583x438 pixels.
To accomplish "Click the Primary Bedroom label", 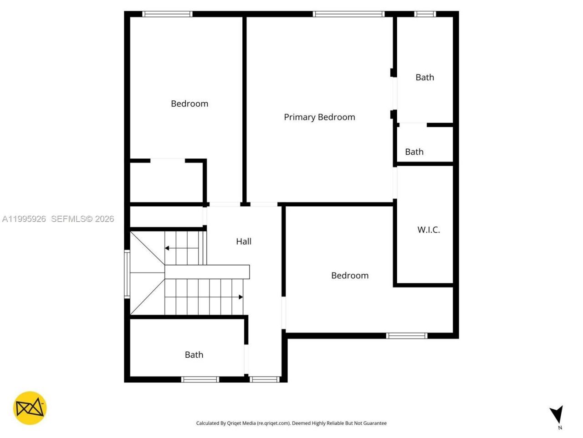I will [319, 117].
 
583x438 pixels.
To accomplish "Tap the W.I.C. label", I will [429, 229].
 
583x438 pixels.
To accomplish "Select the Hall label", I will [244, 241].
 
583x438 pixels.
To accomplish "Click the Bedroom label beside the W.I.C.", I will [350, 276].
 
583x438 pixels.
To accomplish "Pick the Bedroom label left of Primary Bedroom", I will [189, 104].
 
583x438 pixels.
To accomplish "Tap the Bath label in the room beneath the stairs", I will [194, 355].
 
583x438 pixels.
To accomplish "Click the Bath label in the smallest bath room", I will [414, 152].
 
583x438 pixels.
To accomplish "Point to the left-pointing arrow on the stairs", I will [168, 248].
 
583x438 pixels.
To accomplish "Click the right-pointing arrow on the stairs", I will [240, 297].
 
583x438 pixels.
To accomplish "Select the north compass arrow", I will [557, 414].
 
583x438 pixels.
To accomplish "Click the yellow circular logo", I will [30, 408].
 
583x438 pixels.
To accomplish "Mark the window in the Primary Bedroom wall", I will [349, 14].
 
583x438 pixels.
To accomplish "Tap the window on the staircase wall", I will [128, 274].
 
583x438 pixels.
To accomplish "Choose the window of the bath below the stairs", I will [200, 379].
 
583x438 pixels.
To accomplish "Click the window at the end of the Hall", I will [265, 379].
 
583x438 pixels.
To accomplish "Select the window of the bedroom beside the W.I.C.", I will [407, 336].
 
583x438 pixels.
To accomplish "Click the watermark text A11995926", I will [24, 219].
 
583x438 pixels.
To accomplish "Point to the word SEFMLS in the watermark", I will [68, 219].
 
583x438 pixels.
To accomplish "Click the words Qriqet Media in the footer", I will [241, 423].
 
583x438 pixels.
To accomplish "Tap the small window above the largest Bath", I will [425, 14].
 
